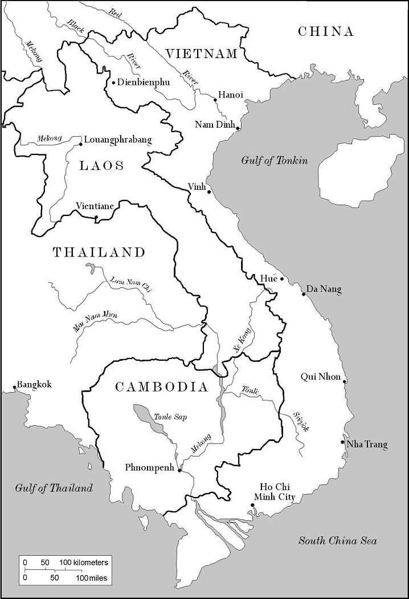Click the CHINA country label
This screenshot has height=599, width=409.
coord(326,32)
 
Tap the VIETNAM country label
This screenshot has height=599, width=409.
coord(201,54)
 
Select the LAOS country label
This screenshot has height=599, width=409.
coord(101,165)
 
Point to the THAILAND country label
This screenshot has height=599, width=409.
coord(99,252)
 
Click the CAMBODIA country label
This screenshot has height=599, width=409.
coord(161,387)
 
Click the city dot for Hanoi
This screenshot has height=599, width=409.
coord(215,100)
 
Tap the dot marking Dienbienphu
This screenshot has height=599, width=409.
coord(113,83)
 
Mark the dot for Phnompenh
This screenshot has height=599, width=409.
coord(179,471)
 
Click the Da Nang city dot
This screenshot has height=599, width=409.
coord(304,294)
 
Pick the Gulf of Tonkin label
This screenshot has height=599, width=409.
coord(273,161)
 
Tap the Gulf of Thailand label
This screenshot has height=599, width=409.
coord(54,488)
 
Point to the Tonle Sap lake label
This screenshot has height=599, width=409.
coord(170,417)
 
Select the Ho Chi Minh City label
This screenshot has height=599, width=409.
coord(278,492)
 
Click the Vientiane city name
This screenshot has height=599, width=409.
coord(95,206)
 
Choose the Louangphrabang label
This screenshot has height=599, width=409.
coord(118,140)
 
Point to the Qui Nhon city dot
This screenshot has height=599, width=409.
coord(345,381)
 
